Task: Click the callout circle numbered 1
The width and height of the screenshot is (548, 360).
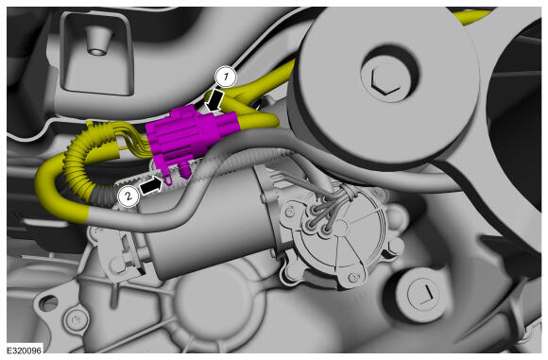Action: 226,77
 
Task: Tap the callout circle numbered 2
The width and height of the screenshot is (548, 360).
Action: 128,197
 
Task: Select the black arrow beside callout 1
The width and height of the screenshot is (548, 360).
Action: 214,100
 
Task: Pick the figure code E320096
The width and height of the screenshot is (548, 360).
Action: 25,350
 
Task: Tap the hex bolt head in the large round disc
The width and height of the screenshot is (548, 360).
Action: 385,81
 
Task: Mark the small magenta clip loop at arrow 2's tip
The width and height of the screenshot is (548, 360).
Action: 168,179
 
